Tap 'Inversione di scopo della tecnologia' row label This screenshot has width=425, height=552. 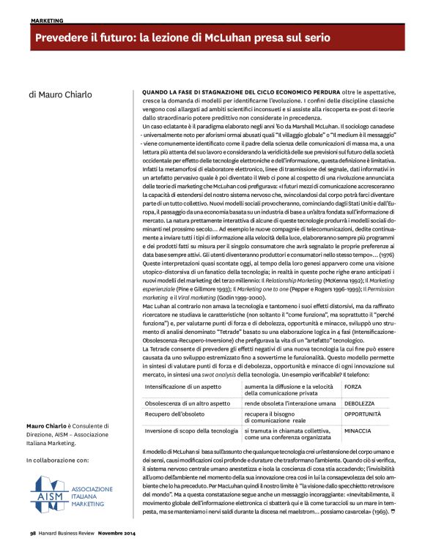pos(188,431)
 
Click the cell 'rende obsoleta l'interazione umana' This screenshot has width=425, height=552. pos(289,402)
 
